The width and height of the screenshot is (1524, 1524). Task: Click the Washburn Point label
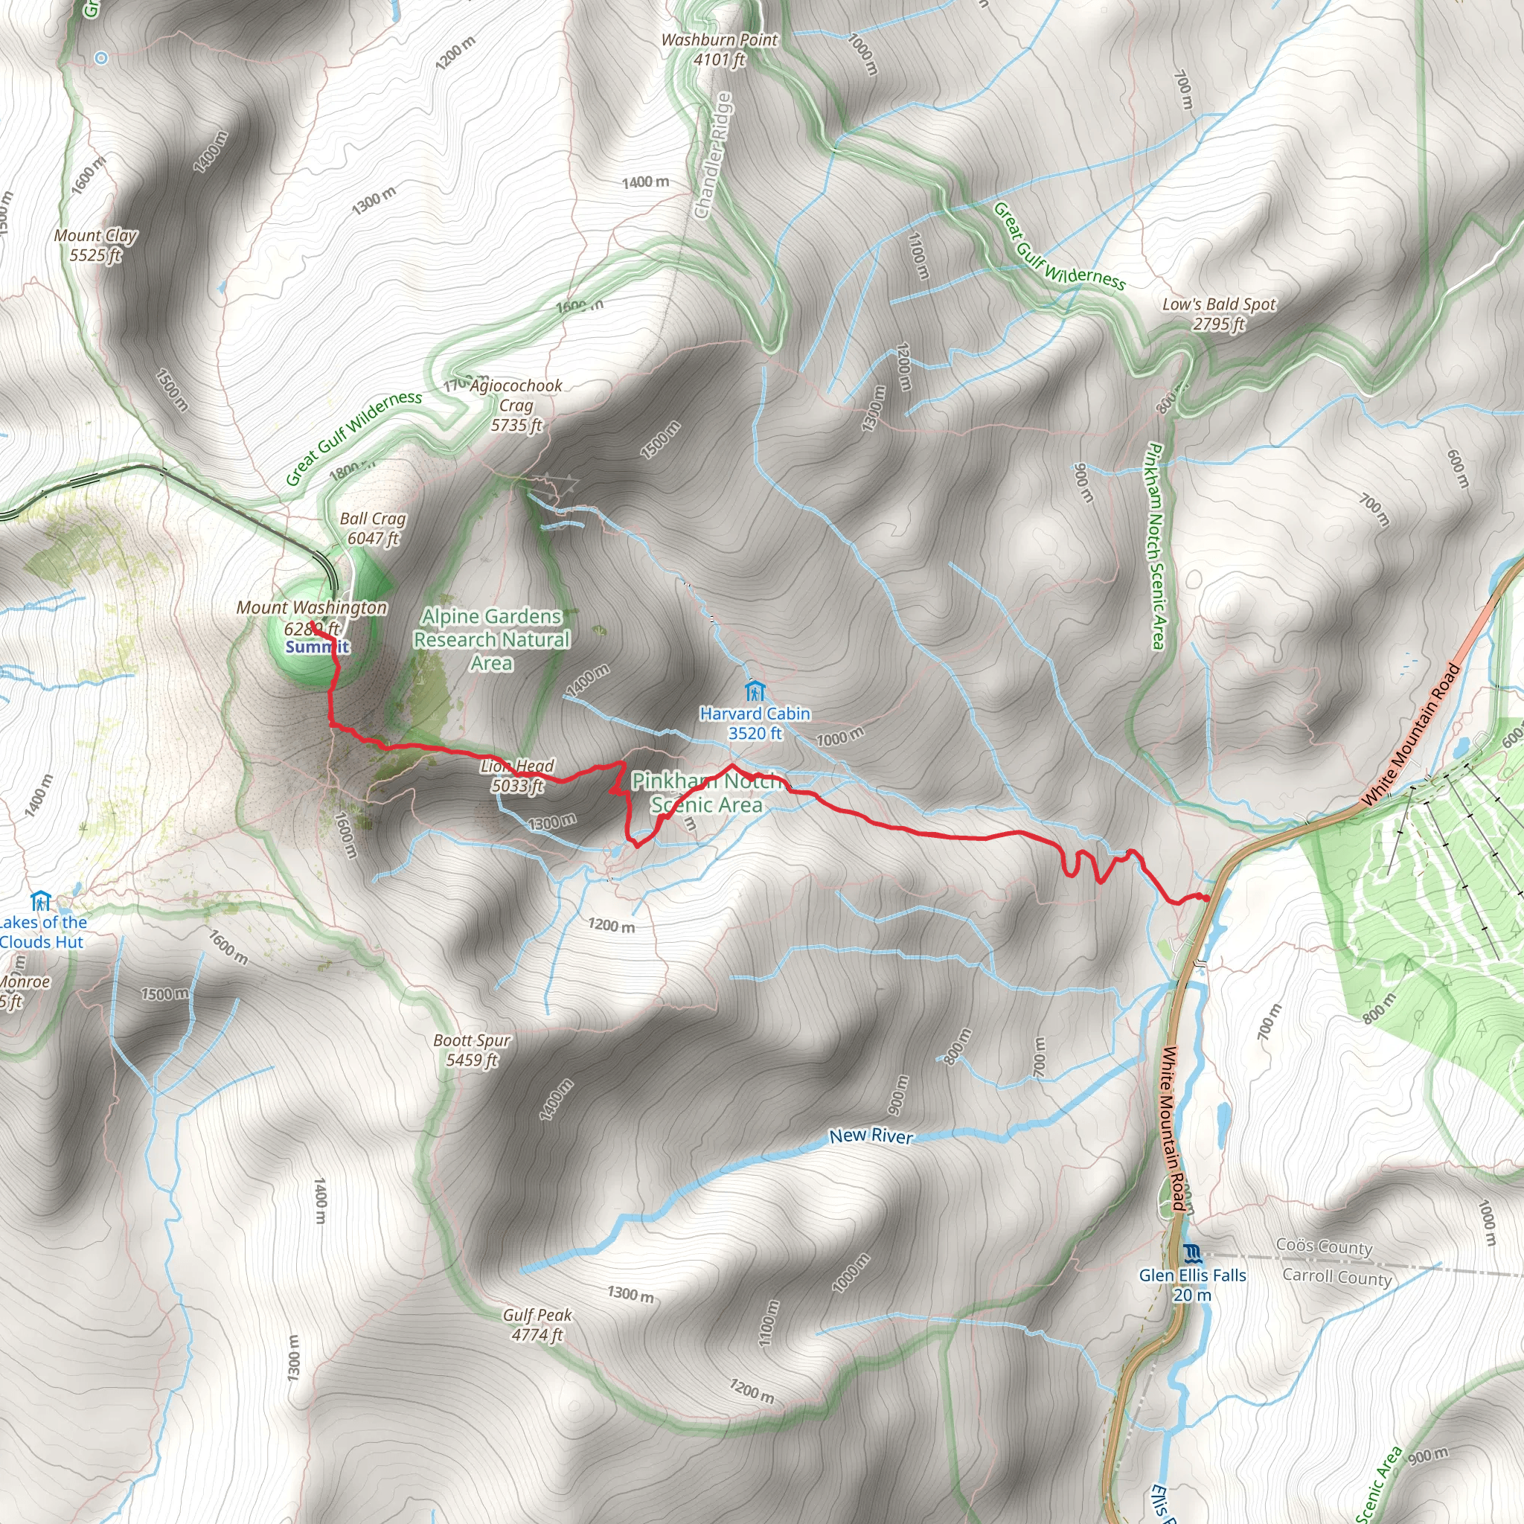719,49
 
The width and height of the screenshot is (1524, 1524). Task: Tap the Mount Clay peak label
95,245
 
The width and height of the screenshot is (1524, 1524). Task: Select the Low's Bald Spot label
1218,313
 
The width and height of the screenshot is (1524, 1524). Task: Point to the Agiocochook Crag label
516,406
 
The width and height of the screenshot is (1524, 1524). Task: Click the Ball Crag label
373,528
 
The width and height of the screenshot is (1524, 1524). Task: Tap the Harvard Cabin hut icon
755,691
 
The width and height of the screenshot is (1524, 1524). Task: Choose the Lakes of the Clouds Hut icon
40,900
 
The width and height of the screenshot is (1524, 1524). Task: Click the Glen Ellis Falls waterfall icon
1192,1252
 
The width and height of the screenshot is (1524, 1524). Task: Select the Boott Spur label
472,1050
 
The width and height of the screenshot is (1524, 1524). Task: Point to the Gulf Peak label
537,1325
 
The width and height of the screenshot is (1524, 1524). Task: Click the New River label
871,1136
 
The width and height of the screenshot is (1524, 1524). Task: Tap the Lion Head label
517,775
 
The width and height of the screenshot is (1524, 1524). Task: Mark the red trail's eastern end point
1207,897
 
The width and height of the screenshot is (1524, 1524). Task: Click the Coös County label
1325,1247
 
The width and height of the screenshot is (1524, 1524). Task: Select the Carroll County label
1336,1277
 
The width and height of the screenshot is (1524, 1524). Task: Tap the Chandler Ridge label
713,156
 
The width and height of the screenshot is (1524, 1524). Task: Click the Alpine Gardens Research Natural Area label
491,639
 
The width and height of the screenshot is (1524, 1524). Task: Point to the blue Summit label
317,647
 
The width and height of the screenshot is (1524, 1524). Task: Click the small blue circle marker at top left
101,57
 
